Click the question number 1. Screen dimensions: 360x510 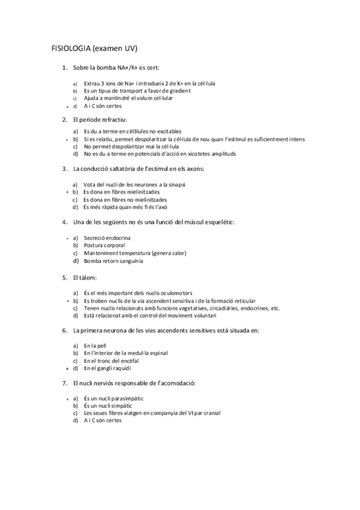(x=64, y=69)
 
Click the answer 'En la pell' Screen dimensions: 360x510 (x=95, y=346)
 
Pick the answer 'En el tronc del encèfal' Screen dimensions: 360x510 (x=111, y=361)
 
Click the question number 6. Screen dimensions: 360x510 (x=64, y=331)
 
